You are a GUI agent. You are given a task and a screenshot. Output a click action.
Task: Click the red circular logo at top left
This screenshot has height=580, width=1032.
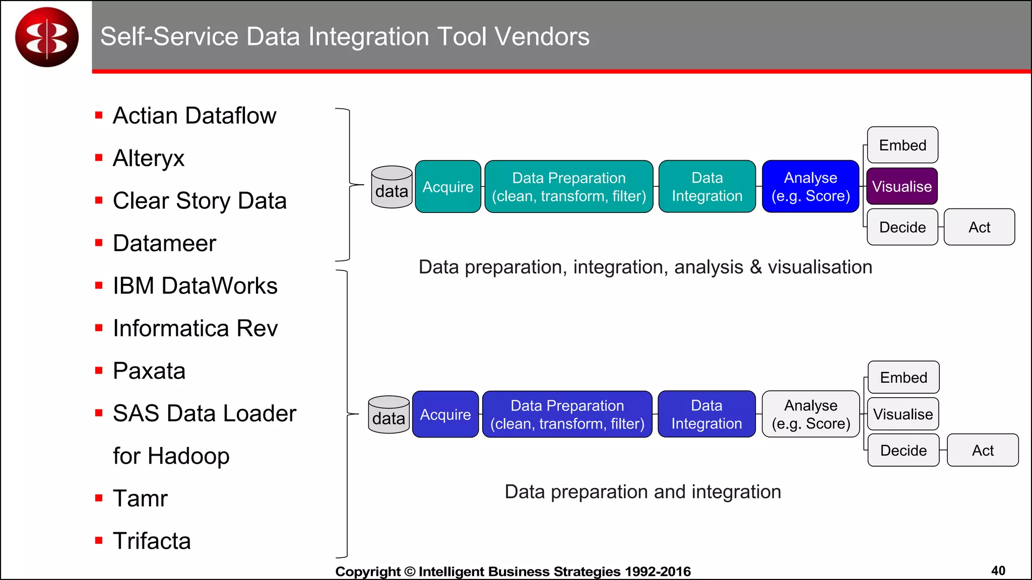(47, 37)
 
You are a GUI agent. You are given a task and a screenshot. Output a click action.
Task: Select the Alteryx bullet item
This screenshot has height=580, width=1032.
(149, 158)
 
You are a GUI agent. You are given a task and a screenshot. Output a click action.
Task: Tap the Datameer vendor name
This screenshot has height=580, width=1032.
(164, 243)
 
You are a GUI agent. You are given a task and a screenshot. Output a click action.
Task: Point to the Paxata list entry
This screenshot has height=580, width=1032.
(149, 371)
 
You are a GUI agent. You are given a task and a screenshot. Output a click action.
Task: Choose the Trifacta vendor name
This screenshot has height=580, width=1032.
(152, 541)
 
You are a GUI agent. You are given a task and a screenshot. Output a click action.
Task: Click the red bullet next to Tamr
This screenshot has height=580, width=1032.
(99, 498)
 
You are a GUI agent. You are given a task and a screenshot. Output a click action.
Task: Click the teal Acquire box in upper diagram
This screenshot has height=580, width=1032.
(447, 187)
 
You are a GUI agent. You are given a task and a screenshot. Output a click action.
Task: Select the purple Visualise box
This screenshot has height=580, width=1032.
(901, 186)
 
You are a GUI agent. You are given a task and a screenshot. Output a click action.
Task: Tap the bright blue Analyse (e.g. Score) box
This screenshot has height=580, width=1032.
(810, 187)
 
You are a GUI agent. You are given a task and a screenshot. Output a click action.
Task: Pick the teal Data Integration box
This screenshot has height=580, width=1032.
(707, 187)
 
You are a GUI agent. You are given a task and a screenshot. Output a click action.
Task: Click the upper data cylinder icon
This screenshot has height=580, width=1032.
(392, 187)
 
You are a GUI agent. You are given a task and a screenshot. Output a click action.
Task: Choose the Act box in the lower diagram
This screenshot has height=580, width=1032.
(982, 450)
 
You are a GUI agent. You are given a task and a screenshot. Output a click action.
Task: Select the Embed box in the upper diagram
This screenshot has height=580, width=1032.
(902, 145)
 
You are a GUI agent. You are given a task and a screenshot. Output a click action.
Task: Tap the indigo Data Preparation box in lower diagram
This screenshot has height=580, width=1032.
(567, 414)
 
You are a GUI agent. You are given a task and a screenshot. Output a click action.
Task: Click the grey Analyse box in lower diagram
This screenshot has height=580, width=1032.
(810, 414)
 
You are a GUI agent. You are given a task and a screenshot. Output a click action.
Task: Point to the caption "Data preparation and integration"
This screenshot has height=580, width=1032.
(642, 492)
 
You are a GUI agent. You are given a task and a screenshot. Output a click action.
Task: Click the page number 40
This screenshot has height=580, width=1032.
(998, 570)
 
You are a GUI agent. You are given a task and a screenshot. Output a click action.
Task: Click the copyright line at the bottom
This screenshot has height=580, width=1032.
(512, 571)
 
